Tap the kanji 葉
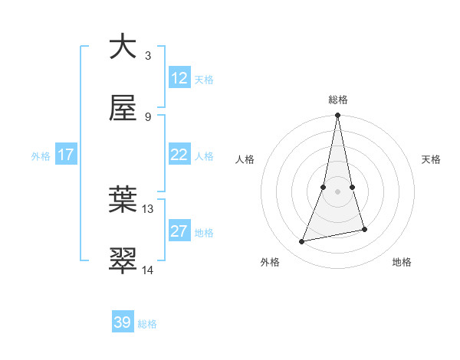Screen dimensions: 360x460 [123, 200]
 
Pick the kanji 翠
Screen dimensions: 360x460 [123, 260]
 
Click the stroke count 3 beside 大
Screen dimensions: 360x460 [148, 56]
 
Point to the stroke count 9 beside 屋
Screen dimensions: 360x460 [148, 117]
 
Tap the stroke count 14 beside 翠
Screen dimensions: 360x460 [148, 270]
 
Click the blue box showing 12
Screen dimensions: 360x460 [179, 78]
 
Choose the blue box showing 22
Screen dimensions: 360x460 [179, 155]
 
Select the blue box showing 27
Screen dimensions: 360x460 [179, 231]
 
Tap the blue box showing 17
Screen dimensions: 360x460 [66, 155]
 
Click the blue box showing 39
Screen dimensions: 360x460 [123, 322]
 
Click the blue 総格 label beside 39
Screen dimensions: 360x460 [147, 324]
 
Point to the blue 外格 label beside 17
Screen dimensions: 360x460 [41, 156]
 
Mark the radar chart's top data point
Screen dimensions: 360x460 [338, 116]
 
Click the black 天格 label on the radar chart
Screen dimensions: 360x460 [432, 159]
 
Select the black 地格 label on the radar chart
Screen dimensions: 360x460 [402, 262]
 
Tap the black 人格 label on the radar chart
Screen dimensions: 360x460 [245, 159]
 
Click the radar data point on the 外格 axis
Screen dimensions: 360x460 [302, 242]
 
